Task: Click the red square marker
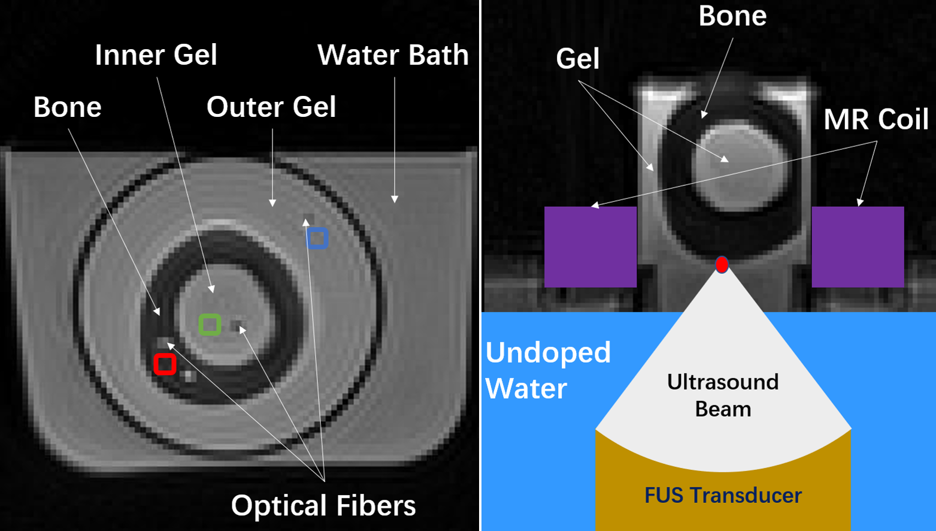tap(165, 364)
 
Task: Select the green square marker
tap(210, 324)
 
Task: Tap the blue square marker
tap(317, 238)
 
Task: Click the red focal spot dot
tap(722, 264)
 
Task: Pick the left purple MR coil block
tap(590, 246)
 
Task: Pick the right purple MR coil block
tap(858, 246)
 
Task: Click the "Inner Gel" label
tap(156, 55)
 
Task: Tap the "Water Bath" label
tap(393, 55)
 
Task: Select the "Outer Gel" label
tap(271, 107)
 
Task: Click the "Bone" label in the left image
tap(67, 107)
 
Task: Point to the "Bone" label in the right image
tap(732, 16)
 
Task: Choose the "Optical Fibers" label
tap(323, 505)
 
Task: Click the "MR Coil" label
tap(876, 119)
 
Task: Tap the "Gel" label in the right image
tap(577, 59)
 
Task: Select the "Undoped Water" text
tap(547, 370)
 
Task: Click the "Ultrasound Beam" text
tap(723, 395)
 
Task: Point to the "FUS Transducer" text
tap(723, 495)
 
